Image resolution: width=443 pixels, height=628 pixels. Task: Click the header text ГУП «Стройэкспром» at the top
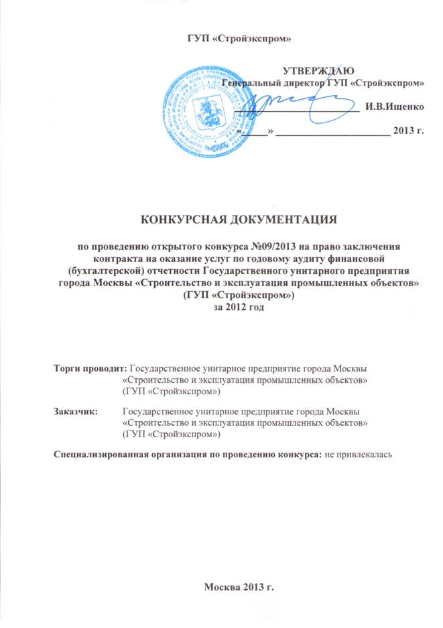pos(238,35)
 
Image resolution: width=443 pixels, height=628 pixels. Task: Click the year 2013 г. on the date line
pos(409,130)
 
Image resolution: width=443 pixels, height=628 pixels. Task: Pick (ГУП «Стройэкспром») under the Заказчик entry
pos(172,433)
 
